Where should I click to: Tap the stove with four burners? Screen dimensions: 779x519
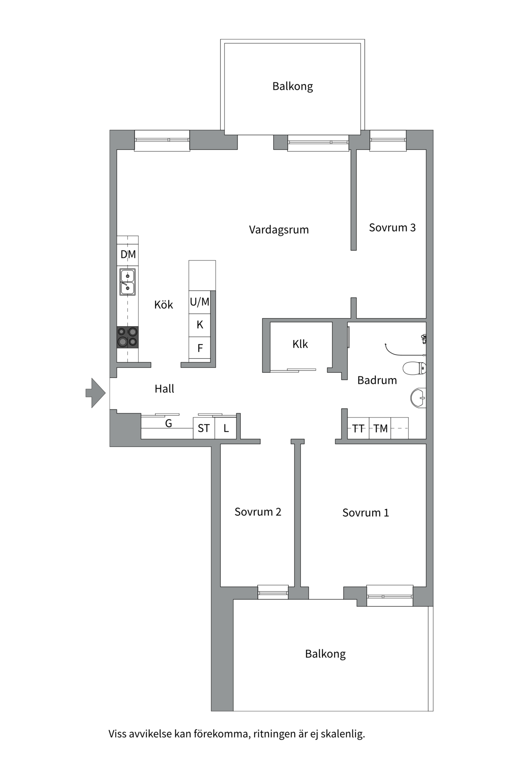pyautogui.click(x=127, y=337)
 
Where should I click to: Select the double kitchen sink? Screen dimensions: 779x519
pyautogui.click(x=127, y=282)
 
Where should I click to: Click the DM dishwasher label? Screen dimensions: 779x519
pyautogui.click(x=128, y=255)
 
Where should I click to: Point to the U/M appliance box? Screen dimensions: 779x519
pyautogui.click(x=199, y=302)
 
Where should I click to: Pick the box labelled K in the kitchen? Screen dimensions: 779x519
pyautogui.click(x=199, y=325)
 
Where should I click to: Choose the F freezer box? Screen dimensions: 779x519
pyautogui.click(x=199, y=348)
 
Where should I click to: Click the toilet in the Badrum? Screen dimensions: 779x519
pyautogui.click(x=414, y=368)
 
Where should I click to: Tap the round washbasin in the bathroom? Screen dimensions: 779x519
pyautogui.click(x=418, y=398)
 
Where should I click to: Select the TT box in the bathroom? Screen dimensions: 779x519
pyautogui.click(x=358, y=428)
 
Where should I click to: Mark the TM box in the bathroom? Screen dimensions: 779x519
pyautogui.click(x=380, y=428)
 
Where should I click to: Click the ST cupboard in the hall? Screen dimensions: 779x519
pyautogui.click(x=204, y=428)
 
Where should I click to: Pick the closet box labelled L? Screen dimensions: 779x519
pyautogui.click(x=226, y=428)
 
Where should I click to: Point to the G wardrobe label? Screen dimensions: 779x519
pyautogui.click(x=168, y=424)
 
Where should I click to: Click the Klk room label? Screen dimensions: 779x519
pyautogui.click(x=300, y=344)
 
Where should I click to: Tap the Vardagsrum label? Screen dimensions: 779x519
pyautogui.click(x=279, y=230)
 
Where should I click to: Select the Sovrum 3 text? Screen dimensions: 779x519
pyautogui.click(x=392, y=228)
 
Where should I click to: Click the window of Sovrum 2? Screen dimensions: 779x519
pyautogui.click(x=273, y=592)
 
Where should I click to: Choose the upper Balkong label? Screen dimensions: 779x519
pyautogui.click(x=292, y=86)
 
